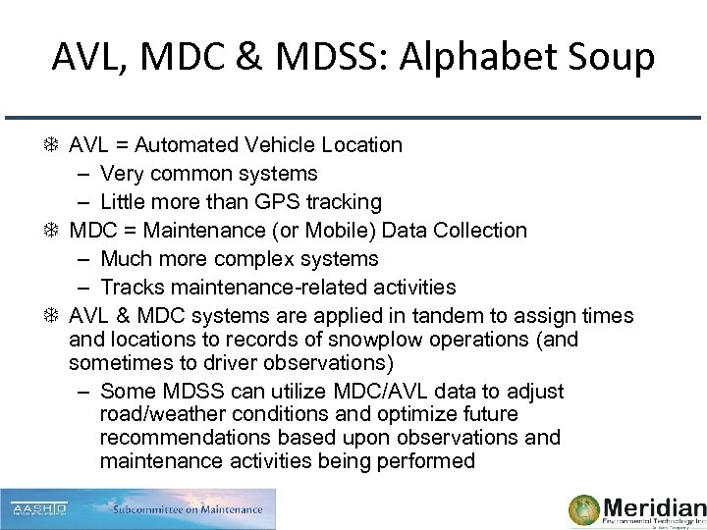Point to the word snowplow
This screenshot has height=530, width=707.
[x=385, y=339]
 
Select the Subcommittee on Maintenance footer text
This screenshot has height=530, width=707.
[x=188, y=509]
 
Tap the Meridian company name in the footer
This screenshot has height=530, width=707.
[x=654, y=507]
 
